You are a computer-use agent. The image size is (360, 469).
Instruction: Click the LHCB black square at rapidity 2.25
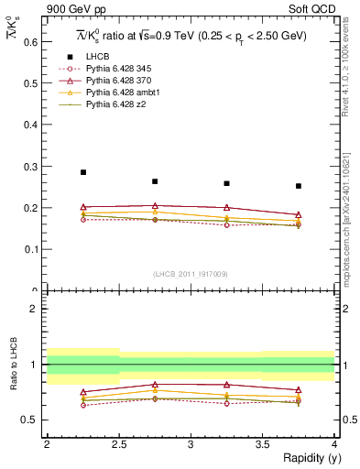point(83,172)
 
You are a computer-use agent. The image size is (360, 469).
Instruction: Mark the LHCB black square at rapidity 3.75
point(299,186)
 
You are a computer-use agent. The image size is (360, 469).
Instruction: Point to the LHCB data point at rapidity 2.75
point(155,181)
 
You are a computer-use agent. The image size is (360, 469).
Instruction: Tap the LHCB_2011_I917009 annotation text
point(190,274)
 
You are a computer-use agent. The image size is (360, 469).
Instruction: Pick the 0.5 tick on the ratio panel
point(32,420)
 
